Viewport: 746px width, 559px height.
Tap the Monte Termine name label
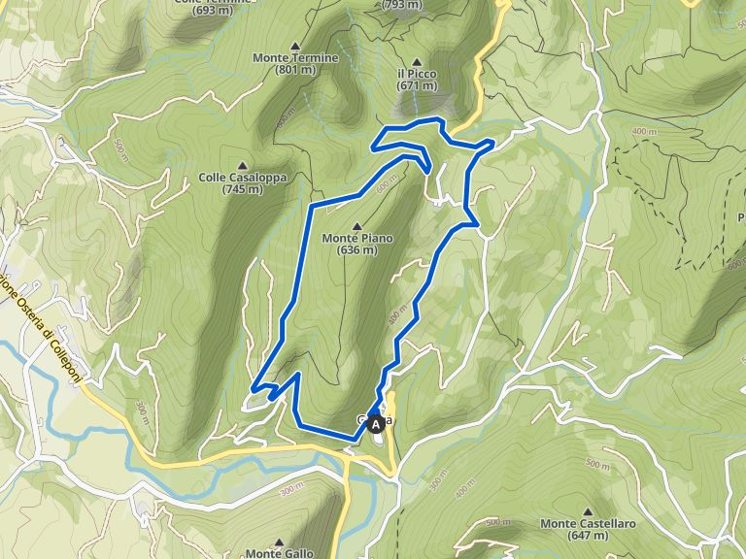295,58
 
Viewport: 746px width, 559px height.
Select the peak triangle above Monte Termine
295,45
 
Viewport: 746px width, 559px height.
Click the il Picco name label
417,74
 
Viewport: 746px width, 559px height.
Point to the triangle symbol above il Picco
417,60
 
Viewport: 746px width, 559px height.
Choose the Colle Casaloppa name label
242,178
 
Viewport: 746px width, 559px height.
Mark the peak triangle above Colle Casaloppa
242,164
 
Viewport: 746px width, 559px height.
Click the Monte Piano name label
356,238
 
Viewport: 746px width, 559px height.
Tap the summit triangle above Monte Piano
356,225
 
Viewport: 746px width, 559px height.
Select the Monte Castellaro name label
589,524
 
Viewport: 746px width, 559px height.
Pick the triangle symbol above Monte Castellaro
589,510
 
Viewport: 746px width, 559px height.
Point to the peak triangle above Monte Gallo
279,542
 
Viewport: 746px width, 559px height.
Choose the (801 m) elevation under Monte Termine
295,70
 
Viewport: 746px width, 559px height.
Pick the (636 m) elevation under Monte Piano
357,250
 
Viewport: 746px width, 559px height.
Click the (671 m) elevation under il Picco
417,86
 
